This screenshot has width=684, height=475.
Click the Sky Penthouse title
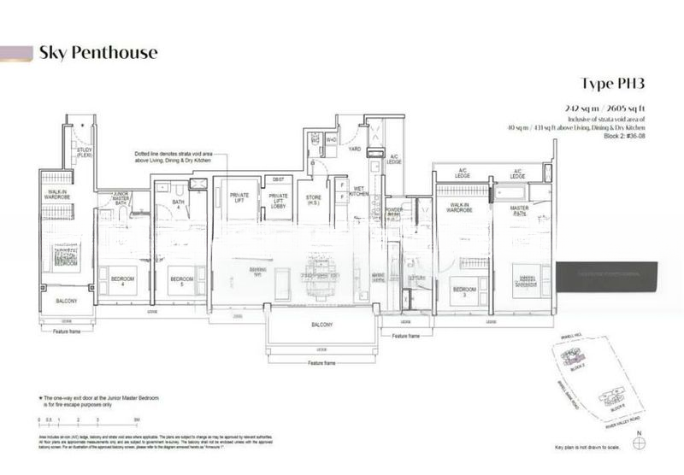[97, 53]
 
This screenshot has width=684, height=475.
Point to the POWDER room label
[394, 209]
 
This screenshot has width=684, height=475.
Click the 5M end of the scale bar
[136, 420]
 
